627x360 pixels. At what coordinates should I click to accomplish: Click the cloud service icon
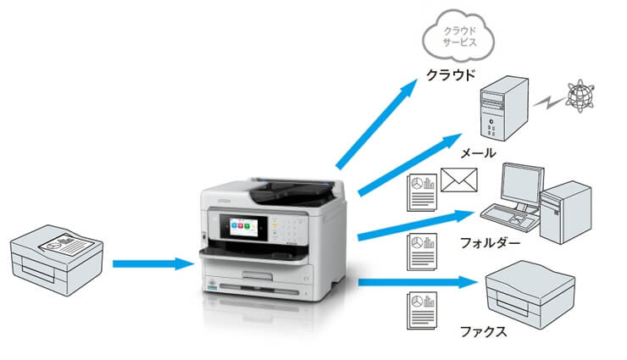pos(458,36)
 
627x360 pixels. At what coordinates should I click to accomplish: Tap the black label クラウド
pos(451,75)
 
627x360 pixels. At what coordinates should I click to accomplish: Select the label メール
pos(478,153)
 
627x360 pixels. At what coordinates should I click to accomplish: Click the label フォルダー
pos(491,243)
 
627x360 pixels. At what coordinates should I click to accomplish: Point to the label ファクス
pos(484,331)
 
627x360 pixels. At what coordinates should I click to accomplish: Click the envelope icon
pos(458,180)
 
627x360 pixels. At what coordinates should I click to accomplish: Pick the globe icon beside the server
pos(580,96)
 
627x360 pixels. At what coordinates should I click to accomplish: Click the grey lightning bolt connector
pos(550,102)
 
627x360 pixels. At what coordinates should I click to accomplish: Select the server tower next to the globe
pos(504,108)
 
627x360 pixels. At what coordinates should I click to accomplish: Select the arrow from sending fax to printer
pos(153,263)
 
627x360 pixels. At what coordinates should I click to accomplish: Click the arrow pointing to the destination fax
pos(419,282)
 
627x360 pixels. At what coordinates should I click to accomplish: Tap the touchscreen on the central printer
pos(243,227)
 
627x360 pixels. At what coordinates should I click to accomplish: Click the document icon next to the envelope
pos(422,192)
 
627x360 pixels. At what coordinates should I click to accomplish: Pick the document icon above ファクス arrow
pos(422,252)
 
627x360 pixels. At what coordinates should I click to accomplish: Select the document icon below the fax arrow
pos(422,311)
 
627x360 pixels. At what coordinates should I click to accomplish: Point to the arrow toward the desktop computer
pos(416,225)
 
